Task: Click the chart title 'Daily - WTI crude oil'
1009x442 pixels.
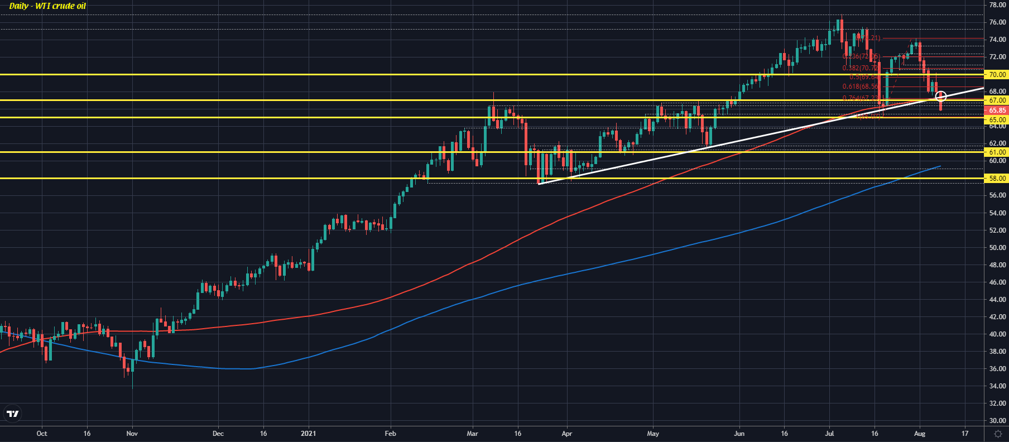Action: (x=47, y=6)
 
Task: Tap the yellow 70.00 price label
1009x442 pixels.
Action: (x=997, y=74)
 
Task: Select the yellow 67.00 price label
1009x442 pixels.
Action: (x=997, y=100)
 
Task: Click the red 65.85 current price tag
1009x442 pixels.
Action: (x=997, y=110)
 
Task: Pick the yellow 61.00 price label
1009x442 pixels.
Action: (x=997, y=152)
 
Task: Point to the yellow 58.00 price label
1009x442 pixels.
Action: (x=997, y=179)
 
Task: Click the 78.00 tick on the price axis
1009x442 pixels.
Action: (x=997, y=5)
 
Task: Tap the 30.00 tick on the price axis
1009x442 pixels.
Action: (x=997, y=421)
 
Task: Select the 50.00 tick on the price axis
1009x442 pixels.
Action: (x=997, y=248)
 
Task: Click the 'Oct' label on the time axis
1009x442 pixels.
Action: (x=42, y=434)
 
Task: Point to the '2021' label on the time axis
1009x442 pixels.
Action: (x=308, y=434)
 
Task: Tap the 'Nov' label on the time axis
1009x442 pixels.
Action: (x=132, y=434)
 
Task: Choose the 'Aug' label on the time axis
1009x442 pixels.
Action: (x=920, y=434)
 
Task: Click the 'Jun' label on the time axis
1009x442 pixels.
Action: (x=739, y=434)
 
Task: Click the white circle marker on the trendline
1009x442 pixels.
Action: (x=941, y=97)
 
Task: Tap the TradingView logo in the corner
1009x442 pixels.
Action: (x=12, y=414)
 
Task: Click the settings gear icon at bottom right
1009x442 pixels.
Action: (x=998, y=434)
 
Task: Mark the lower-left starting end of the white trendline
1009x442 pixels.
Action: (x=539, y=183)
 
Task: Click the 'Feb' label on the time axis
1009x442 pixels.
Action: (x=391, y=434)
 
